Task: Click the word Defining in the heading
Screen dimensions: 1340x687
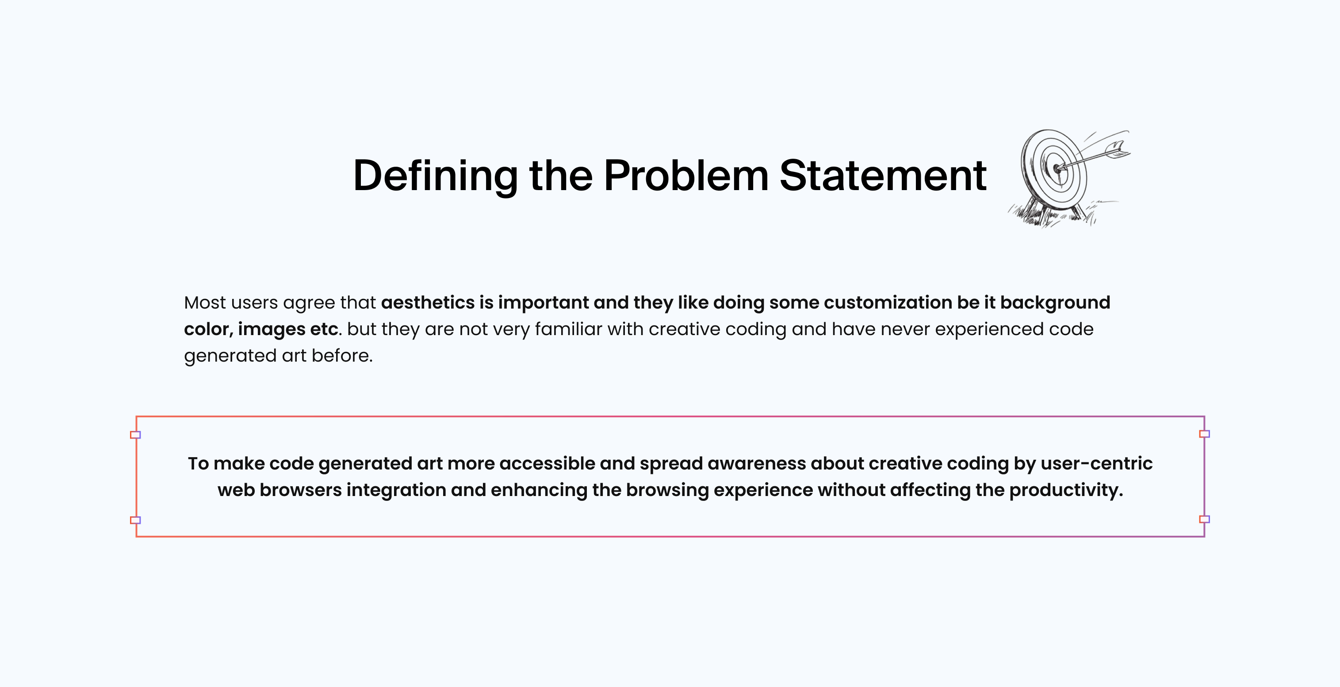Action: [436, 176]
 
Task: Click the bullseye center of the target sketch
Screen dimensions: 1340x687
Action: [1057, 168]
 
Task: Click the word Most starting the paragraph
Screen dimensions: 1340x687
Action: [205, 303]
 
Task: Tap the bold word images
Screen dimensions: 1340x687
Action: [272, 330]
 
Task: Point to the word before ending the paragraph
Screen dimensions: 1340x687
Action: [342, 356]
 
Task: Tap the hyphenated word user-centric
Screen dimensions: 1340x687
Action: [1097, 464]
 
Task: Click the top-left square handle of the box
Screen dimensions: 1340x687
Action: [135, 435]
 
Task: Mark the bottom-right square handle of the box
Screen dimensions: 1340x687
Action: [1204, 519]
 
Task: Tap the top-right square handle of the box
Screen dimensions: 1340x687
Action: [1204, 434]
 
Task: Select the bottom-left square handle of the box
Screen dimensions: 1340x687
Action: [135, 520]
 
